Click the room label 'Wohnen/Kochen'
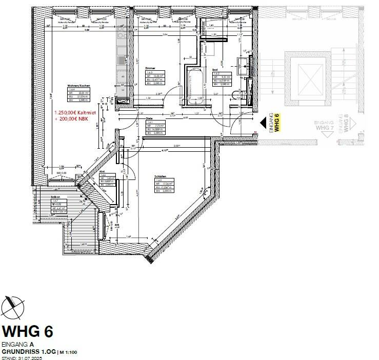click(x=75, y=86)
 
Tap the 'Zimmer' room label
click(x=150, y=68)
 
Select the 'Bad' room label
click(x=215, y=68)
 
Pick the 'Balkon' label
click(x=56, y=197)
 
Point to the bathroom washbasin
click(x=244, y=64)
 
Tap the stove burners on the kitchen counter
click(x=122, y=33)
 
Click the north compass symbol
click(x=13, y=306)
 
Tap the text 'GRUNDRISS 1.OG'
click(x=28, y=352)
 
